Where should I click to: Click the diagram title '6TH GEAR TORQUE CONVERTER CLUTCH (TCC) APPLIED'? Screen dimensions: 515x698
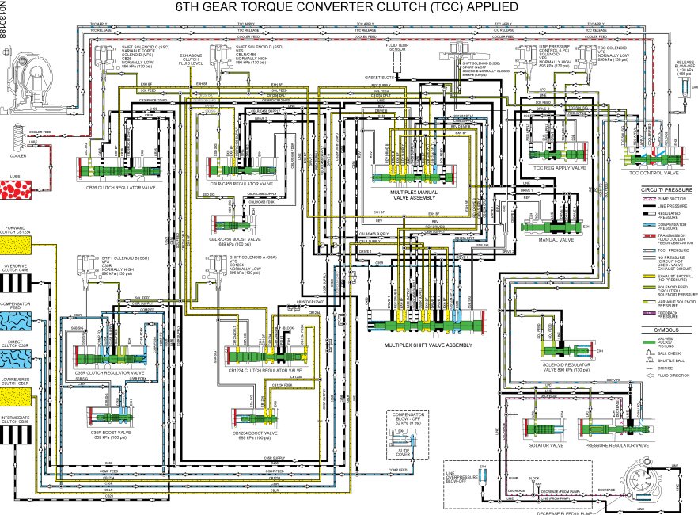349,7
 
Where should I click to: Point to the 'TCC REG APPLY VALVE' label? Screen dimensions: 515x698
560,169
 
